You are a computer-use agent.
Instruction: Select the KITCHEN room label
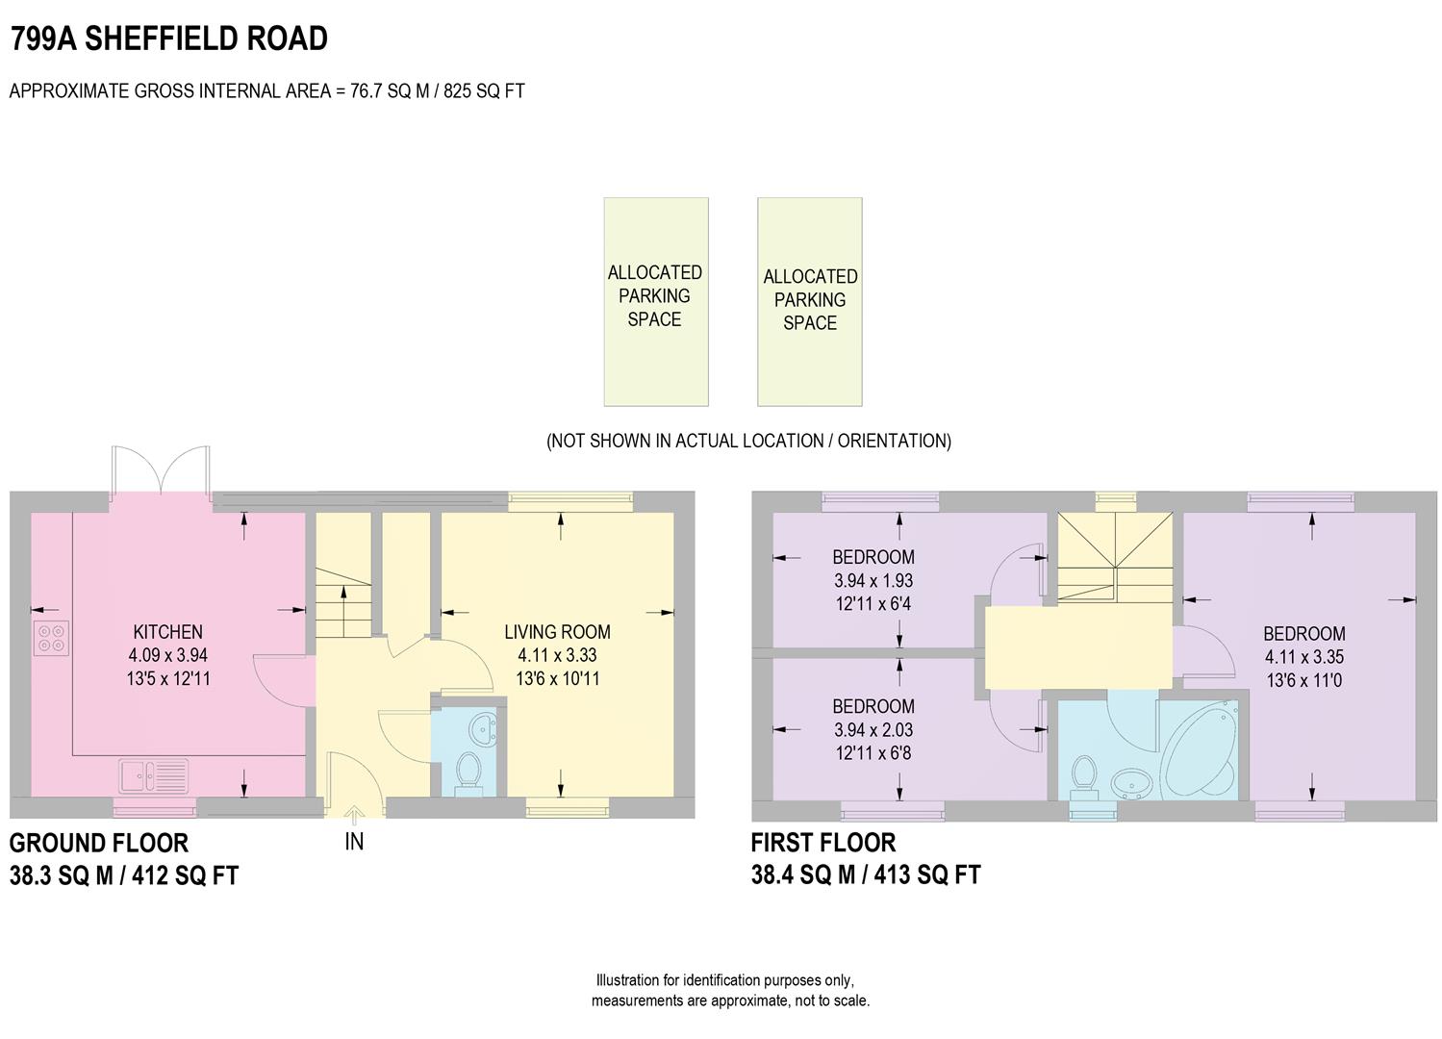[167, 632]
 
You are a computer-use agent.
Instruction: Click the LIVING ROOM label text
[557, 632]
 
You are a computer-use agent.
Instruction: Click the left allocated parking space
[655, 301]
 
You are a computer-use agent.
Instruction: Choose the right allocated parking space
[809, 301]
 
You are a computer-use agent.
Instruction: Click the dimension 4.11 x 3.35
[1303, 658]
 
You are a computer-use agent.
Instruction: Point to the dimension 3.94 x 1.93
[873, 581]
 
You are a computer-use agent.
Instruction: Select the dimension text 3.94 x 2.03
[873, 730]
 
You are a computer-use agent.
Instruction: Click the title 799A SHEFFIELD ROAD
[168, 38]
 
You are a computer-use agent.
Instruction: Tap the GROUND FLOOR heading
[99, 844]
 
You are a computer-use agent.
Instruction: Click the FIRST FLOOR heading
[822, 844]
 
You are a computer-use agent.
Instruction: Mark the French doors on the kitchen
[161, 471]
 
